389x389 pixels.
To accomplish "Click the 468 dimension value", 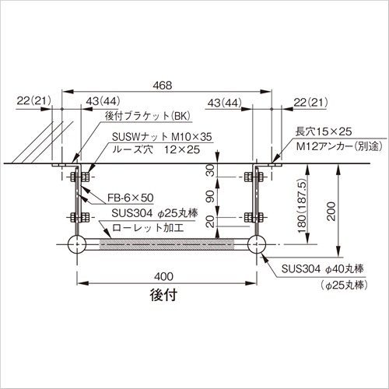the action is point(163,85).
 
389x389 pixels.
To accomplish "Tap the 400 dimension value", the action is point(163,276).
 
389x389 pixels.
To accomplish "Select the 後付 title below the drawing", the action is point(163,295).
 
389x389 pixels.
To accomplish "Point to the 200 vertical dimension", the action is point(331,212).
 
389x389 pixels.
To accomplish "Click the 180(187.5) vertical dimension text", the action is point(302,206).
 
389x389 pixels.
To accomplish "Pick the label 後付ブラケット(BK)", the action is point(148,116).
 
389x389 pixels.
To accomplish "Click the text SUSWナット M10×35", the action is point(162,137).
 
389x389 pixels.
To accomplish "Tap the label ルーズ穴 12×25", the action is point(156,149).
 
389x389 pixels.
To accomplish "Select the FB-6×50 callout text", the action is point(131,198).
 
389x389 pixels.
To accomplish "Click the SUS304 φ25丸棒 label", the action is point(155,213).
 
